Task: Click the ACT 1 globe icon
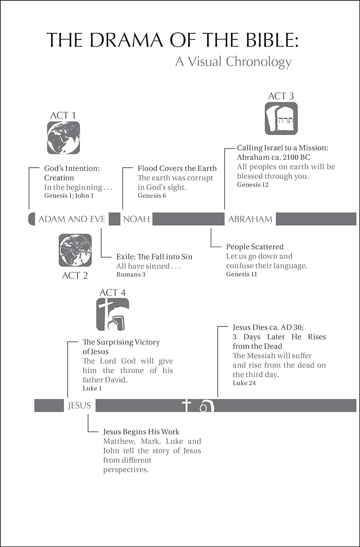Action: (63, 138)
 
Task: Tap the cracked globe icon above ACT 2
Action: (75, 250)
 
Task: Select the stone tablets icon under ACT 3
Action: (281, 119)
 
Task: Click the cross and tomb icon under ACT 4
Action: (113, 314)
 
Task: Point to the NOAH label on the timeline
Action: (136, 219)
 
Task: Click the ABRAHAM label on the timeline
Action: (250, 219)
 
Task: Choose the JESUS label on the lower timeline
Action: (80, 406)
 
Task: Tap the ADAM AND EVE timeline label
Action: (72, 219)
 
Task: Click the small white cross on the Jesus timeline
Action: (186, 406)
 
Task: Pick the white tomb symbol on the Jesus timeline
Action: (206, 406)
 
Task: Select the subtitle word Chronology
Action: (259, 62)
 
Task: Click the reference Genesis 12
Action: (253, 185)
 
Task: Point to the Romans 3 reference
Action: (131, 275)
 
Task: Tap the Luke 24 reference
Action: (244, 383)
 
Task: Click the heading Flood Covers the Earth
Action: (177, 168)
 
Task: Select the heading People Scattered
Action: (255, 247)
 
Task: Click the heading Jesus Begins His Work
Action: (142, 432)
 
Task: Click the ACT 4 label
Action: (113, 292)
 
